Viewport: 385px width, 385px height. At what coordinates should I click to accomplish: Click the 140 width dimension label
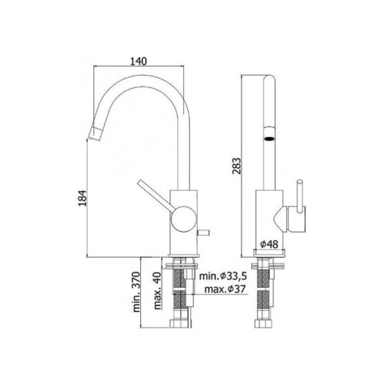coord(139,62)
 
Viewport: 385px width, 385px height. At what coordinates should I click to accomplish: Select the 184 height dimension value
coord(82,198)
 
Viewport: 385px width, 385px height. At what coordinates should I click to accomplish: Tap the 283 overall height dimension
coord(236,166)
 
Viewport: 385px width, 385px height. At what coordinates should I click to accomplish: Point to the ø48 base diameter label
coord(269,244)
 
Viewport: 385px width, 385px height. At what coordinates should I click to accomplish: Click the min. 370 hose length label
coord(137,292)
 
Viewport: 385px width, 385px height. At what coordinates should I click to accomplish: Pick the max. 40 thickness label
coord(158,290)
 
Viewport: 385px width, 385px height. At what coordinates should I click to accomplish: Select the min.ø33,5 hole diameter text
coord(223,276)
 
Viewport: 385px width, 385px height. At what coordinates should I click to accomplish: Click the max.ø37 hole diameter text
coord(225,290)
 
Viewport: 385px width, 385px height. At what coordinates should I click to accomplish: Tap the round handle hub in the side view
coord(183,219)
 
